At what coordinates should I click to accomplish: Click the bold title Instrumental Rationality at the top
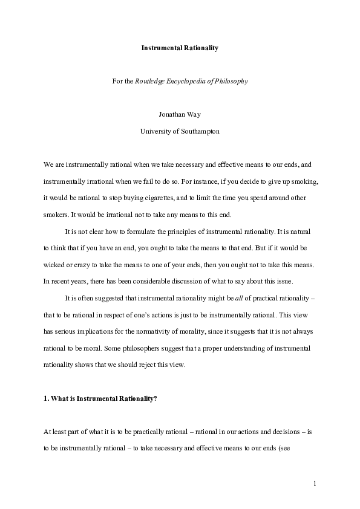(x=180, y=48)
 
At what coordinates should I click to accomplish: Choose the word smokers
(x=56, y=215)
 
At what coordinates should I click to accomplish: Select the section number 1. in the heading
(x=46, y=398)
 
